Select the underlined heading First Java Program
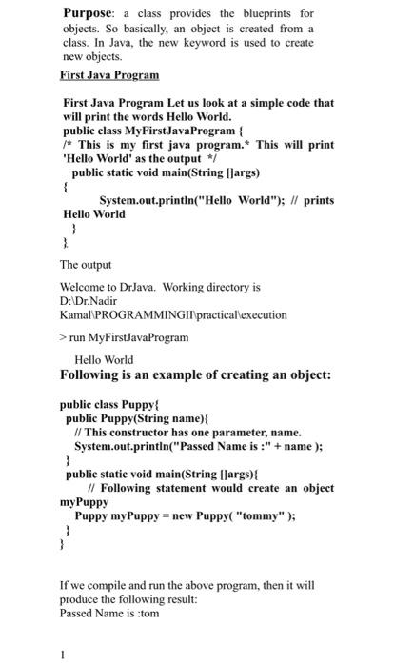(x=109, y=73)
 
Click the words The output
(x=86, y=264)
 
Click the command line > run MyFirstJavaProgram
(x=124, y=336)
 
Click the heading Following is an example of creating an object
(x=195, y=375)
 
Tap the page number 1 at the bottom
(x=63, y=655)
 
